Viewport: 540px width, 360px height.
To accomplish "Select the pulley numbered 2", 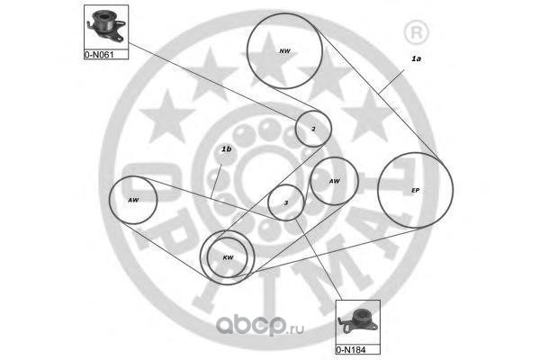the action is click(313, 129).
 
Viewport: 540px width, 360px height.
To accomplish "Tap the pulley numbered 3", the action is click(286, 203).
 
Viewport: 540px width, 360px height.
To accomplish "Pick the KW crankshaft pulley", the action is click(227, 257).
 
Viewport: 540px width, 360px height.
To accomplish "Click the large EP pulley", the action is click(415, 191).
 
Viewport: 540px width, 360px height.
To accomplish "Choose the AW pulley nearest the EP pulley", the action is click(335, 182).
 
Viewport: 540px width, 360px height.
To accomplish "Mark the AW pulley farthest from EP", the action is click(134, 200).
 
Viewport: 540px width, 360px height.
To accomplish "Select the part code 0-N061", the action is click(101, 54).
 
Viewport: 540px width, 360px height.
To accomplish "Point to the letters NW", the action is click(285, 51).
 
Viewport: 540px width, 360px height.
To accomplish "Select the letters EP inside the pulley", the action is click(415, 191).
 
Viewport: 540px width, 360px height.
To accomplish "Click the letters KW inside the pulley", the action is click(228, 258).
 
